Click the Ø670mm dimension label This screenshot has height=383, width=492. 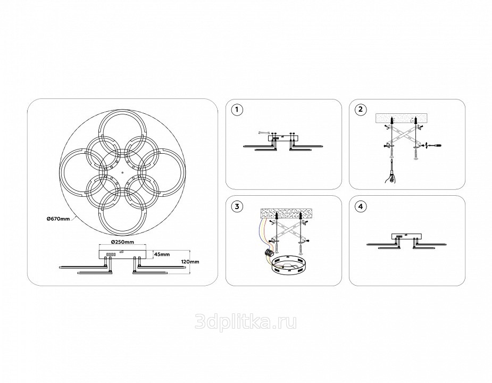click(x=58, y=219)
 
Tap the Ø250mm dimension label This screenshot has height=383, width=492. click(x=122, y=242)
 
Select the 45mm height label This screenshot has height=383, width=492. click(x=162, y=254)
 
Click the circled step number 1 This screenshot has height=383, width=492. click(x=237, y=110)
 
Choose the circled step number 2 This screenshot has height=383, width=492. click(x=360, y=109)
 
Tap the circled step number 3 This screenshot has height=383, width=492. click(x=237, y=206)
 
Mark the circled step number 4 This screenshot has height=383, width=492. click(x=360, y=206)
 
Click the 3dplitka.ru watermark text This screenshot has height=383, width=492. click(x=246, y=322)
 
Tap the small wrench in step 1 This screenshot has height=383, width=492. click(x=263, y=133)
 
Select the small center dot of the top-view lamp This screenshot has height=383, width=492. click(x=122, y=172)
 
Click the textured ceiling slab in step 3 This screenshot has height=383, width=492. click(x=286, y=214)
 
